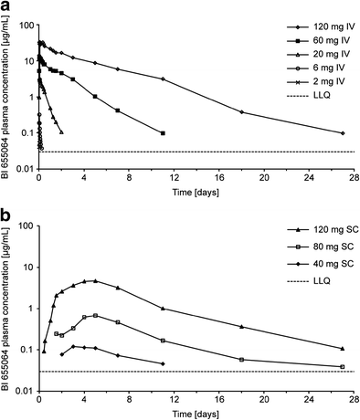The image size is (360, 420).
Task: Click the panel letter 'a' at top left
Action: coord(6,7)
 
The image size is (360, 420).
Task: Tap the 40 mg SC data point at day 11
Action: coord(163,363)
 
